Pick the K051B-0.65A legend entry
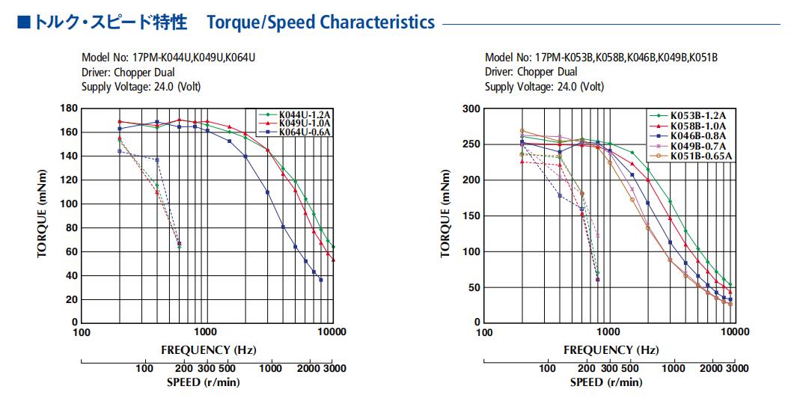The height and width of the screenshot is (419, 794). [x=691, y=156]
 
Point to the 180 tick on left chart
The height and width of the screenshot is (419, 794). [x=69, y=108]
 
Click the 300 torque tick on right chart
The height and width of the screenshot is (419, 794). [x=471, y=108]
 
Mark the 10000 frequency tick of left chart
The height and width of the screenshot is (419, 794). [x=332, y=332]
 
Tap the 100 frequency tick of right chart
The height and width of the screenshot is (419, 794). [x=485, y=332]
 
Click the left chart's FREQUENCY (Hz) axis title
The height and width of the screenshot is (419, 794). [x=209, y=350]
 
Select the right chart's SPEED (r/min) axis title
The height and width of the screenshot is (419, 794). [x=606, y=382]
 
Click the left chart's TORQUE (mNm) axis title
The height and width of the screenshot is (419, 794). [x=42, y=213]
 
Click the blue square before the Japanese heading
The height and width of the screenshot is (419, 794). [x=24, y=22]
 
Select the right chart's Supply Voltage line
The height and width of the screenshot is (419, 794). [x=544, y=87]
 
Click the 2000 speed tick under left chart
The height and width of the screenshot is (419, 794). [x=308, y=368]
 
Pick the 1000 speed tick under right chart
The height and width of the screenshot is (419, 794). [x=674, y=368]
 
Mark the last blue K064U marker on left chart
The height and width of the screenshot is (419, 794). [x=320, y=280]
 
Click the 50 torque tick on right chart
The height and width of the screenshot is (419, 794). [x=474, y=287]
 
